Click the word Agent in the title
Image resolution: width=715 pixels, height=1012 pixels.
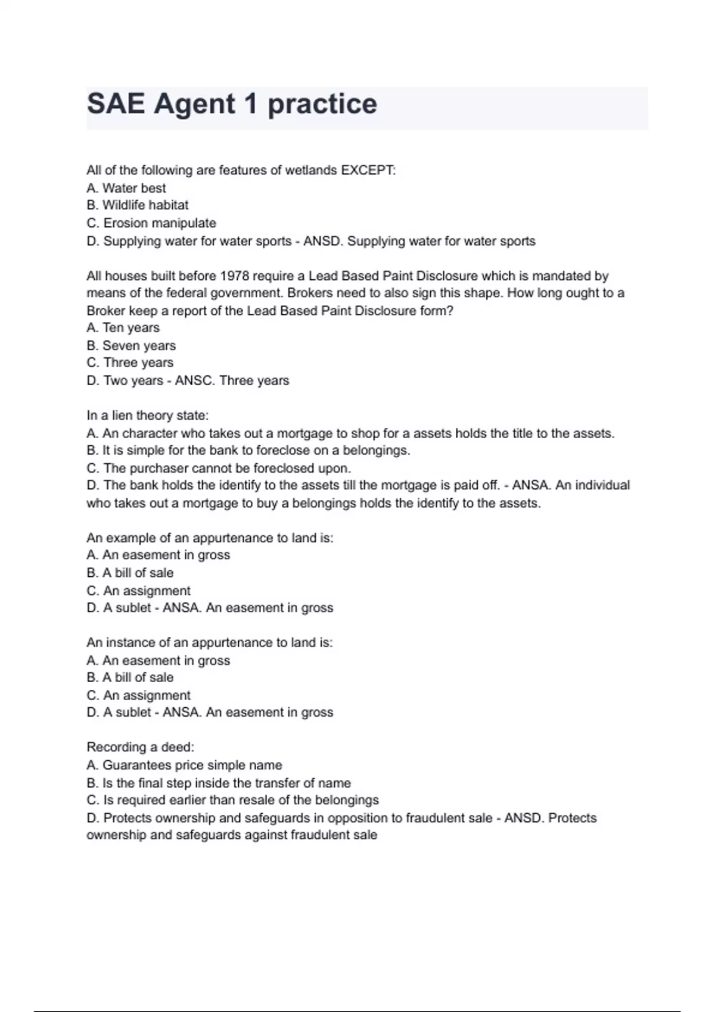(195, 104)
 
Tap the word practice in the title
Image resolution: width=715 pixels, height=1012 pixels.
(322, 104)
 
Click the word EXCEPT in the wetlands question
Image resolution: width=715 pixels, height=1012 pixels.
(367, 170)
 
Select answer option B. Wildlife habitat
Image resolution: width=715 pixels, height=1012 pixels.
(138, 205)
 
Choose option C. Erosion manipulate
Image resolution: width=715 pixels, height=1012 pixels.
(151, 223)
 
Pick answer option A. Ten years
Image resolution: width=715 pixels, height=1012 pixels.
(123, 328)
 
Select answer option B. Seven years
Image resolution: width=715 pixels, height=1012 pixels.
(131, 346)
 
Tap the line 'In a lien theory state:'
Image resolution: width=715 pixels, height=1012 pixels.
(148, 416)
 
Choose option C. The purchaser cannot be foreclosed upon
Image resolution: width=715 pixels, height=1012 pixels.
(219, 468)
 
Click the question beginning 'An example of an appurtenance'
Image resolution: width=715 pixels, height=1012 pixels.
(210, 538)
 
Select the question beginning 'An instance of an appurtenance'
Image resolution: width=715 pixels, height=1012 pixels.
(210, 643)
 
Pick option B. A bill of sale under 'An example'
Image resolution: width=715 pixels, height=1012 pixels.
(130, 573)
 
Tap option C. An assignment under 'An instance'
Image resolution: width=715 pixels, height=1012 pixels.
(138, 695)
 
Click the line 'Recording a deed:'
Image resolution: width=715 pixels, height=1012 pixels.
(141, 747)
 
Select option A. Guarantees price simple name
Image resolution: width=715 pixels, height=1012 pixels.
(184, 765)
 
